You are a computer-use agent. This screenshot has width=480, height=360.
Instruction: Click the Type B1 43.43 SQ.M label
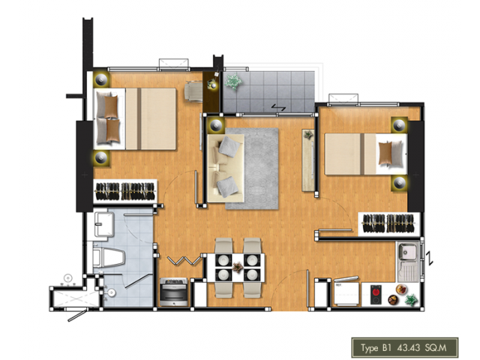(403, 348)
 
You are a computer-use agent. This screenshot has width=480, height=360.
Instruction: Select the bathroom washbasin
(103, 224)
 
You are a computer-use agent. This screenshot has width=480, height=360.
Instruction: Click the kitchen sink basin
(408, 251)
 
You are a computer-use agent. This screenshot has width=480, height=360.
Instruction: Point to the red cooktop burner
(376, 291)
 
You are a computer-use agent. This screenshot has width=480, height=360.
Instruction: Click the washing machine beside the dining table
(173, 292)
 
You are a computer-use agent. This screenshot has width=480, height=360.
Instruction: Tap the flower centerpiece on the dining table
(237, 267)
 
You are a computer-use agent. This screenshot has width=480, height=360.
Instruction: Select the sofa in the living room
(226, 168)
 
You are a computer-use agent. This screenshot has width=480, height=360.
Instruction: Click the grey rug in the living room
(252, 169)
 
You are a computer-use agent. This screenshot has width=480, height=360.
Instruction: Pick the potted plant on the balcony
(233, 82)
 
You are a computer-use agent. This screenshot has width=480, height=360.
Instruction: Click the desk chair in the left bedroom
(193, 91)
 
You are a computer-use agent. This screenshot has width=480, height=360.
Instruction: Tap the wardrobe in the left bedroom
(125, 191)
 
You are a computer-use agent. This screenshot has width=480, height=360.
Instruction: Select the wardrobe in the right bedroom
(389, 224)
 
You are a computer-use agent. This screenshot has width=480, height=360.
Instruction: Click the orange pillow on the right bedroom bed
(385, 154)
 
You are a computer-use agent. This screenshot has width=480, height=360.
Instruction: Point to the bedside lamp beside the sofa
(215, 125)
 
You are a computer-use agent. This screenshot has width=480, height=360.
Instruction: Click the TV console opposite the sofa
(308, 160)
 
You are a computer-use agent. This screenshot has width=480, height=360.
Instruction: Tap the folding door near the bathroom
(184, 261)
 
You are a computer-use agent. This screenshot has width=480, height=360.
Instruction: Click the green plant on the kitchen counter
(411, 300)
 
